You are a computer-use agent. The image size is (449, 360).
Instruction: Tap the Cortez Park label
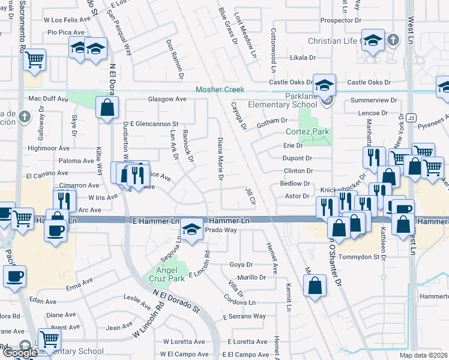(309, 131)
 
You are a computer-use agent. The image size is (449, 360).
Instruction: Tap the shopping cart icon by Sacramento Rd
(34, 59)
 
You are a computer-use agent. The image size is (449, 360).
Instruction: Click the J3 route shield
(411, 117)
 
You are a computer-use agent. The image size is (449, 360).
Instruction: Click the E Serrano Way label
(247, 316)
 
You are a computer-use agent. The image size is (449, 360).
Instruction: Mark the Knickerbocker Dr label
(343, 190)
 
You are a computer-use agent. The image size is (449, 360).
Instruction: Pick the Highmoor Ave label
(49, 148)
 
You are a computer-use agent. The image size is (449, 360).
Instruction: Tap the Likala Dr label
(303, 58)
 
